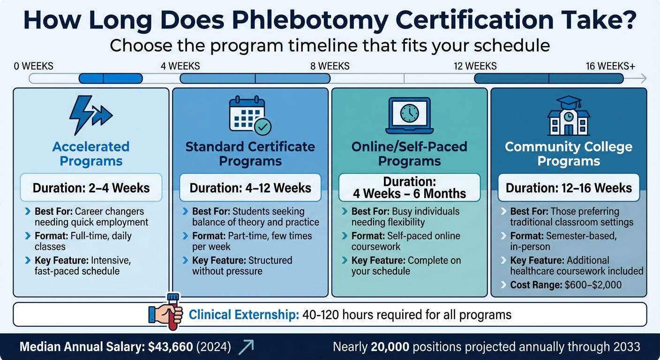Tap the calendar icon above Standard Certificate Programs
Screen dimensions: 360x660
pyautogui.click(x=250, y=114)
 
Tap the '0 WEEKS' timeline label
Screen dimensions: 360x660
pyautogui.click(x=34, y=66)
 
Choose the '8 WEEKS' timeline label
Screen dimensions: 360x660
pyautogui.click(x=330, y=66)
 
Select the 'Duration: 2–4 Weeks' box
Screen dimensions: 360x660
pyautogui.click(x=91, y=188)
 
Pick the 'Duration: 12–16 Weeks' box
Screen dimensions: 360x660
pyautogui.click(x=569, y=188)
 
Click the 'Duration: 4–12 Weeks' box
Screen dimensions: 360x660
pyautogui.click(x=250, y=188)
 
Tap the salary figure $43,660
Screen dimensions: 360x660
pyautogui.click(x=170, y=347)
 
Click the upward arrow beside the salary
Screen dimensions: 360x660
pyautogui.click(x=246, y=346)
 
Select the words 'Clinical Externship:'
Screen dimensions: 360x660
pyautogui.click(x=244, y=315)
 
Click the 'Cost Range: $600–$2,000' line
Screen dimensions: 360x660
pyautogui.click(x=566, y=285)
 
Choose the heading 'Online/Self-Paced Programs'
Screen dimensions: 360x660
pyautogui.click(x=409, y=154)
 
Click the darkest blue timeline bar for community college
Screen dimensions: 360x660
pyautogui.click(x=549, y=78)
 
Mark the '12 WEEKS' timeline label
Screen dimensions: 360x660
pyautogui.click(x=475, y=66)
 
